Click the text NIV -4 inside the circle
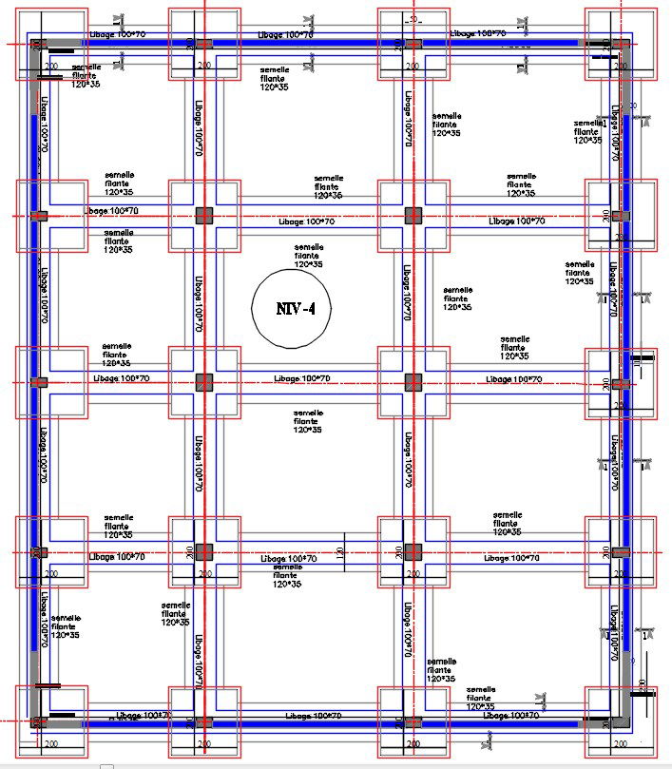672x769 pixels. pos(295,308)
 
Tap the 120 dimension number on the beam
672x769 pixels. pos(340,552)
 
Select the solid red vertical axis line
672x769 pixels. pos(205,285)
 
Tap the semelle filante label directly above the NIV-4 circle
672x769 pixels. pos(308,256)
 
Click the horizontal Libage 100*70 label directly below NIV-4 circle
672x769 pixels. pos(302,379)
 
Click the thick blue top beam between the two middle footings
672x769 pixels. pos(308,44)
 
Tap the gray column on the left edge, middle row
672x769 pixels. pos(38,382)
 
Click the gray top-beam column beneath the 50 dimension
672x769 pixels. pos(413,44)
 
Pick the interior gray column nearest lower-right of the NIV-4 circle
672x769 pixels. pos(413,382)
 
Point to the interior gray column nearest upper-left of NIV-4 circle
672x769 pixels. pos(204,216)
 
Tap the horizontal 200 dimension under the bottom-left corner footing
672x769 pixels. pos(50,741)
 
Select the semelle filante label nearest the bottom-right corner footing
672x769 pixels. pos(481,696)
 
